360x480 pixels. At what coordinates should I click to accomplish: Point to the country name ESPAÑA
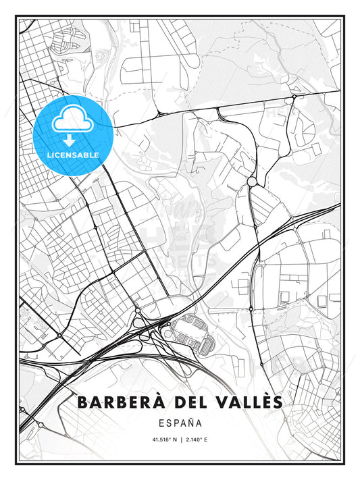coord(180,424)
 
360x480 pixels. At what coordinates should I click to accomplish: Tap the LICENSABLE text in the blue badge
coord(72,155)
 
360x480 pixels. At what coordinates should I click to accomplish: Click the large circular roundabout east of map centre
coord(252,182)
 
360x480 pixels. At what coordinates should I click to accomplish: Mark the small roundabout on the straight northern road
coord(294,98)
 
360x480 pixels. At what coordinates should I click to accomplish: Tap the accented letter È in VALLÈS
coord(265,401)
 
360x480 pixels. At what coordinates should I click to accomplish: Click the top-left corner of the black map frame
coord(17,18)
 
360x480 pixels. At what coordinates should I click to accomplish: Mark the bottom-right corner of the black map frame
coord(343,462)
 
